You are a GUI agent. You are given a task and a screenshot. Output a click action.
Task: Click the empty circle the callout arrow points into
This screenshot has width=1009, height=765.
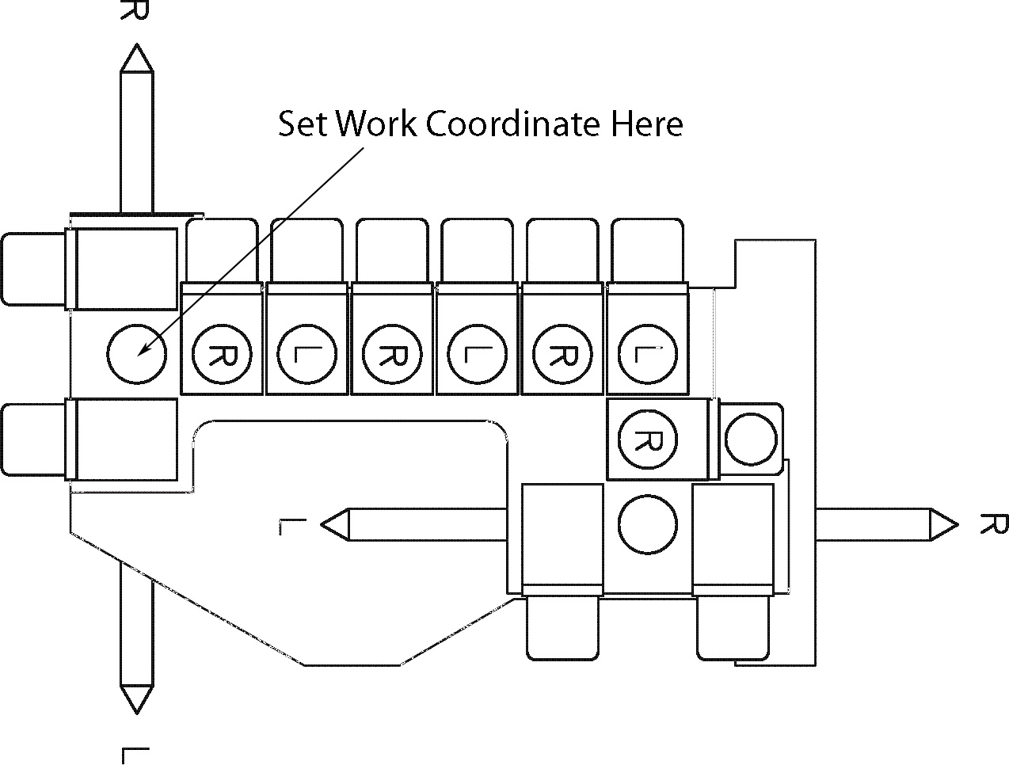[136, 354]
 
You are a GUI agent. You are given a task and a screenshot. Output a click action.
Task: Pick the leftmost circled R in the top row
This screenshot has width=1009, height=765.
[221, 354]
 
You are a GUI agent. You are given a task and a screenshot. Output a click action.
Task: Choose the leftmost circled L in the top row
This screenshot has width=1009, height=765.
[306, 354]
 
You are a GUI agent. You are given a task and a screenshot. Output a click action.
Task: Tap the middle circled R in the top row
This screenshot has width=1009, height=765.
[391, 354]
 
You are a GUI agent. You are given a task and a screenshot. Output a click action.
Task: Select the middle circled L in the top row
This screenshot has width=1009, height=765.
[476, 354]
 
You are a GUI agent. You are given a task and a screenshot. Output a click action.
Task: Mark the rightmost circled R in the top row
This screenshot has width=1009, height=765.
[562, 354]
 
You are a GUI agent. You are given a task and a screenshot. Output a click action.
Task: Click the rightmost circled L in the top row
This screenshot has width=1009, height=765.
[647, 354]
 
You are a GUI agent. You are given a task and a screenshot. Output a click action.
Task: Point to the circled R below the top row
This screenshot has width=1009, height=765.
[648, 440]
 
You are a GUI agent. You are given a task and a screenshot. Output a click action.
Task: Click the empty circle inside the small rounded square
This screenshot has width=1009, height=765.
[751, 440]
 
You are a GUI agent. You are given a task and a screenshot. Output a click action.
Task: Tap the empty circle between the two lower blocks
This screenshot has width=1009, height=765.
[647, 525]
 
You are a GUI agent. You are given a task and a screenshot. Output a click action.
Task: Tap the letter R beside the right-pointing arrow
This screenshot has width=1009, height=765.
[993, 523]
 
